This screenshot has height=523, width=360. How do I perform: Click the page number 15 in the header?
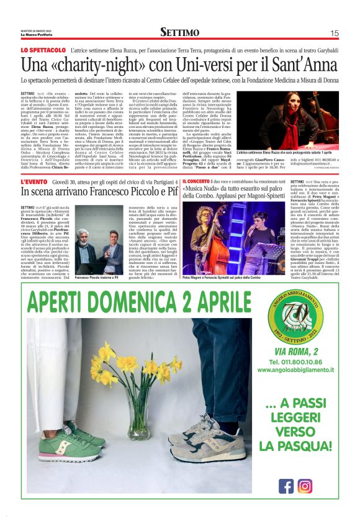[334, 33]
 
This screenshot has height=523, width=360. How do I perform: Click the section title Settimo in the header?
[179, 32]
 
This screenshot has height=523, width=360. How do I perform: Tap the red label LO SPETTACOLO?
[43, 49]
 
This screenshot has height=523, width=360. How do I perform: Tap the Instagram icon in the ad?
[305, 485]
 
